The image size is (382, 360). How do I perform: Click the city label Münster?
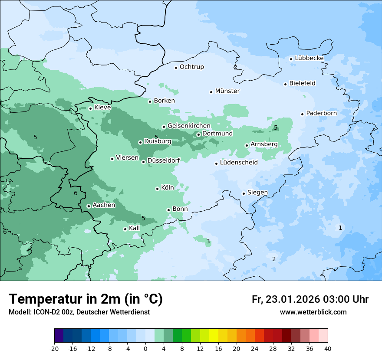pyautogui.click(x=227, y=91)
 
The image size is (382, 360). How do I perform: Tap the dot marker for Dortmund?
pyautogui.click(x=198, y=134)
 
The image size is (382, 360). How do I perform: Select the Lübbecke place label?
pyautogui.click(x=309, y=58)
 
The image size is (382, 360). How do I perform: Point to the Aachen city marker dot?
pyautogui.click(x=89, y=206)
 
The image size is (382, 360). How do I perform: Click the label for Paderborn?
pyautogui.click(x=321, y=113)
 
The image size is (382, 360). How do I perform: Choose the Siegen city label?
pyautogui.click(x=257, y=193)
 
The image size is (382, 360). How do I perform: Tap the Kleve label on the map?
pyautogui.click(x=102, y=108)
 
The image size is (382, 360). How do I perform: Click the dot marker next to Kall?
pyautogui.click(x=125, y=229)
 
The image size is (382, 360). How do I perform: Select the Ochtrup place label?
pyautogui.click(x=191, y=67)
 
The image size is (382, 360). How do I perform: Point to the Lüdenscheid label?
pyautogui.click(x=239, y=163)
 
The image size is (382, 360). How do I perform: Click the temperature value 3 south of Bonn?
pyautogui.click(x=208, y=241)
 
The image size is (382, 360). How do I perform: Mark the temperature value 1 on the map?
pyautogui.click(x=340, y=228)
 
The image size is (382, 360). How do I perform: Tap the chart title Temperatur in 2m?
pyautogui.click(x=86, y=299)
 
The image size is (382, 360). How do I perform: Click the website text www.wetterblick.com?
pyautogui.click(x=313, y=312)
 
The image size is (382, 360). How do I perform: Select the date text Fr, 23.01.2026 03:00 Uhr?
pyautogui.click(x=310, y=299)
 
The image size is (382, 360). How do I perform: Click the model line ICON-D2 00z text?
pyautogui.click(x=79, y=312)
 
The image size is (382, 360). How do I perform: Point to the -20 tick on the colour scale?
pyautogui.click(x=54, y=348)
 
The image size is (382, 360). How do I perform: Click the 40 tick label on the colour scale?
pyautogui.click(x=328, y=348)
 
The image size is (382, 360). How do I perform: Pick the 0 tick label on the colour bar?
pyautogui.click(x=145, y=348)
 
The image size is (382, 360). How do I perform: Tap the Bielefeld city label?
pyautogui.click(x=302, y=83)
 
